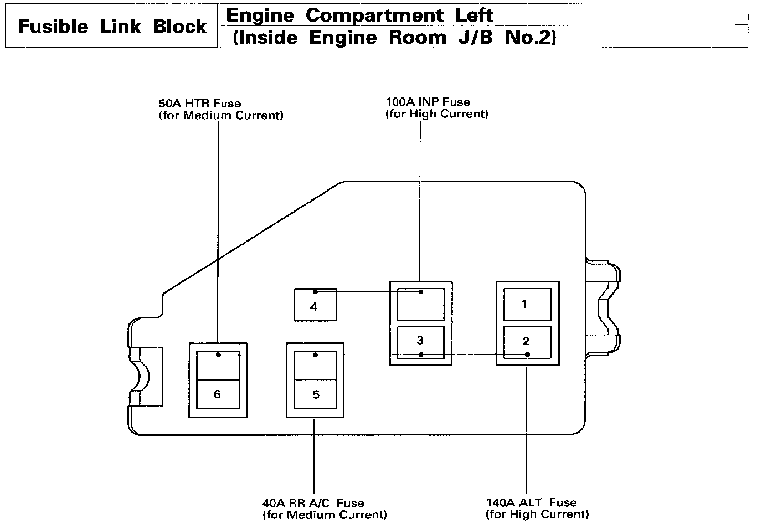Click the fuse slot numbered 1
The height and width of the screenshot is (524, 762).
(527, 305)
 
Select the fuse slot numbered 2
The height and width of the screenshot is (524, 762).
(527, 342)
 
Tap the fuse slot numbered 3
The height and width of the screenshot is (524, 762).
(421, 343)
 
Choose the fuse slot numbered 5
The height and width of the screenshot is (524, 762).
(315, 394)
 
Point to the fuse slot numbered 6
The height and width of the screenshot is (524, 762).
(218, 394)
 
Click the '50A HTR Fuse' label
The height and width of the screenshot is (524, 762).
(200, 104)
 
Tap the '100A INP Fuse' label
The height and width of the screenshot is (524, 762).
(428, 102)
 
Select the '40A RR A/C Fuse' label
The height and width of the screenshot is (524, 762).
(313, 503)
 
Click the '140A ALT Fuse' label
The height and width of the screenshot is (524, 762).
(531, 502)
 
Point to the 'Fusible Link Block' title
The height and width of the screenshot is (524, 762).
(112, 27)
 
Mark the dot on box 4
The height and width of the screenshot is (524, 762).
(315, 292)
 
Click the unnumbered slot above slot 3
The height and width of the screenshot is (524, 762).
(421, 304)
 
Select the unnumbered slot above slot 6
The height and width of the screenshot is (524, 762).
(218, 365)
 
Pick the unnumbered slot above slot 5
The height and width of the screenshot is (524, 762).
(315, 365)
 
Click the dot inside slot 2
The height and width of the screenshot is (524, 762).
(527, 355)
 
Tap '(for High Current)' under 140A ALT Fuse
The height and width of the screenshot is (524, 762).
(537, 515)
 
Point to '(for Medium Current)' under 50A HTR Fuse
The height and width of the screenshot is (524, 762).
(220, 115)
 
